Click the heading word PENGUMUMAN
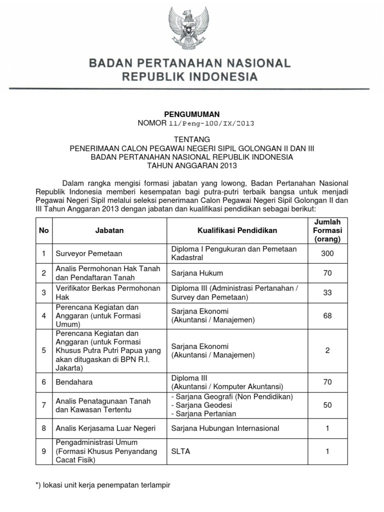[x=192, y=114]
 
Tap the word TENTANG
[x=192, y=139]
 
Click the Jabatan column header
[x=109, y=230]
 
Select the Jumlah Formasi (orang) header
[x=327, y=230]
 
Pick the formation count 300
[x=327, y=253]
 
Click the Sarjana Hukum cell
[x=197, y=273]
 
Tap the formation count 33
[x=327, y=292]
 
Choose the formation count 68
[x=327, y=316]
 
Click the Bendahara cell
[x=73, y=382]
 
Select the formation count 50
[x=327, y=405]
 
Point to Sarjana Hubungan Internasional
[x=225, y=428]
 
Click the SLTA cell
[x=180, y=451]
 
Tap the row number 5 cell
[x=44, y=350]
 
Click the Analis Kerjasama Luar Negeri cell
[x=105, y=428]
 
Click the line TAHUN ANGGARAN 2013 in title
[x=192, y=165]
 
